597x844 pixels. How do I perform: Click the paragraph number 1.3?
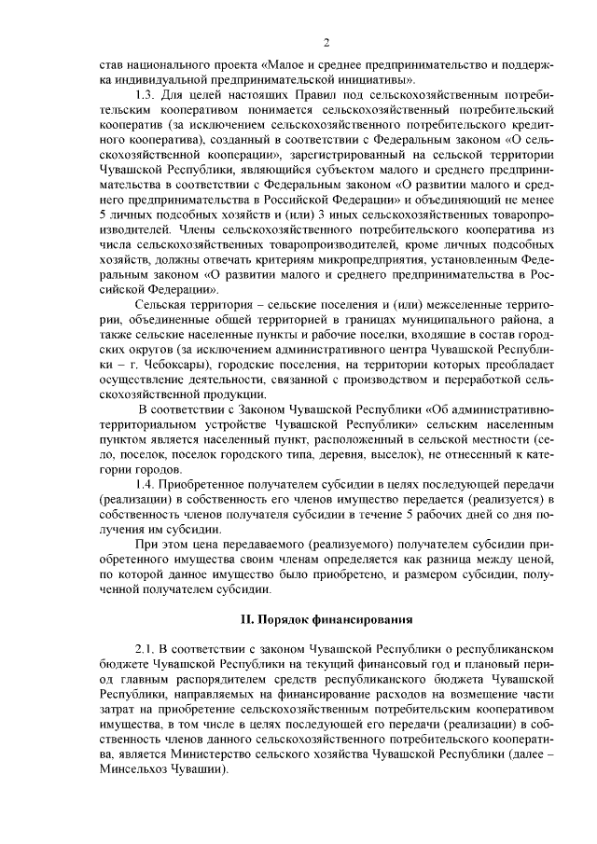pos(145,96)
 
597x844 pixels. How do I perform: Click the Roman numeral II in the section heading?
pos(247,618)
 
